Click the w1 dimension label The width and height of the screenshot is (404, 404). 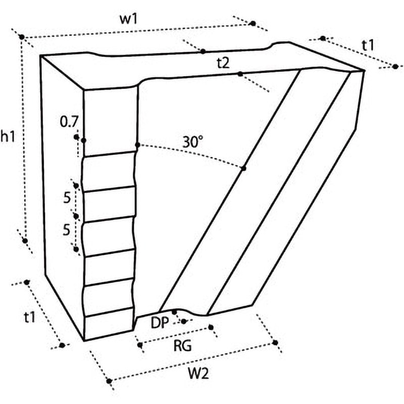pos(128,20)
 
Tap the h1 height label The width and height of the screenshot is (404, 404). pos(8,136)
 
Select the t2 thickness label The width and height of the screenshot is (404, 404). pos(223,63)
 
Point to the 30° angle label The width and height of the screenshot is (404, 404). pos(193,142)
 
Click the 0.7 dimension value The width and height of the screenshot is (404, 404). pos(69,122)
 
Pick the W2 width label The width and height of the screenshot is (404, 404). pos(198,373)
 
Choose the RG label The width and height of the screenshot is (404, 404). pos(182,346)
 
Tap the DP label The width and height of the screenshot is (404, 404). pos(160,323)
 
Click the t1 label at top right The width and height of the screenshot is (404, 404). pos(368,46)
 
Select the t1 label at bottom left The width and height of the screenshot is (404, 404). pos(29,317)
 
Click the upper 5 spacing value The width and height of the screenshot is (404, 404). pos(67,198)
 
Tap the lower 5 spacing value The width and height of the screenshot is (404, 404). pos(67,230)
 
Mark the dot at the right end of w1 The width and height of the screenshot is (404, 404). pos(253,23)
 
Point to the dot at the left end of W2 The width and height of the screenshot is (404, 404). pos(109,381)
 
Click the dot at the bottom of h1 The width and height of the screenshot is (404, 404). pos(25,241)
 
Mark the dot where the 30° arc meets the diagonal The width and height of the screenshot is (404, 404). pos(243,169)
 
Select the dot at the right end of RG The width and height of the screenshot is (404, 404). pos(211,327)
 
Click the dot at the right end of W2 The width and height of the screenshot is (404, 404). pos(275,343)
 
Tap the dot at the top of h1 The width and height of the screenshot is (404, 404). pos(22,37)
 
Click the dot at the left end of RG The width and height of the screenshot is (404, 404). pos(140,345)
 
